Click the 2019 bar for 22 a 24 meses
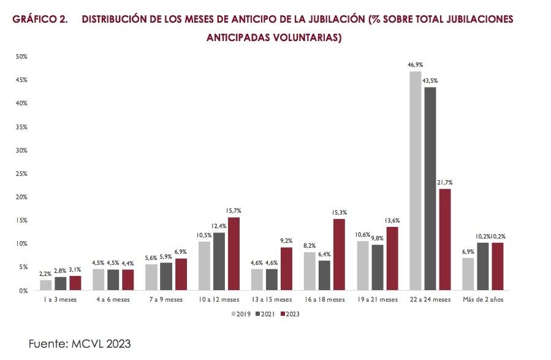coord(415,181)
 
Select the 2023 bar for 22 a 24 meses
coord(444,239)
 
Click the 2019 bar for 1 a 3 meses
coord(46,285)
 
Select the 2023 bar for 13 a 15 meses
coord(286,269)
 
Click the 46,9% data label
coord(415,64)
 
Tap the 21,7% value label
coord(445,182)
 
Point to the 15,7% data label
coord(234,210)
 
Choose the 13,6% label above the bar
coord(392,220)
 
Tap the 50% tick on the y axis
coord(22,56)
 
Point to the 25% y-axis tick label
coord(22,174)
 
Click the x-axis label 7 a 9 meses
coord(166,300)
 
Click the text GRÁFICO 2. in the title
coord(40,19)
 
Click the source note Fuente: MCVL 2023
coord(80,344)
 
